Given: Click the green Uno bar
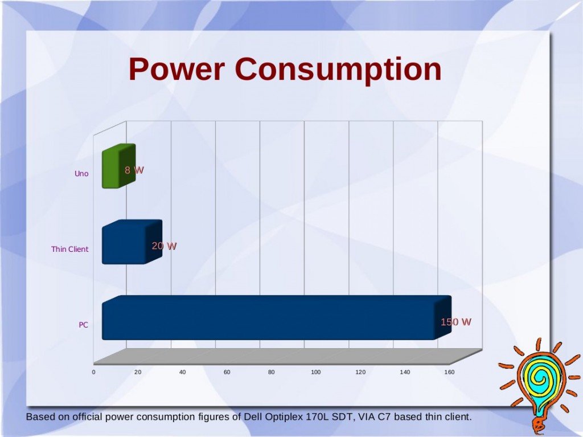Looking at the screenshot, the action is coord(118,166).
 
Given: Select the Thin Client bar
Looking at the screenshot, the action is coord(132,242).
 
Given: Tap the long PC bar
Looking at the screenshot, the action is coord(277,317).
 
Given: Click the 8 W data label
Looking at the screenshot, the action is coord(134,170).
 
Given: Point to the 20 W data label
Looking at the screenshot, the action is coord(164,246).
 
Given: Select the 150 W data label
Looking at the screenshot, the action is coord(456,322).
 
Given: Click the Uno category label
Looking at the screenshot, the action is coord(81,173).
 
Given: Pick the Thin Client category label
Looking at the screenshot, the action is coord(70,249).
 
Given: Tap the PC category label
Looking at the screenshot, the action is coord(83,325).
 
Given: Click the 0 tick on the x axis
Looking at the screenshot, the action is coord(94,372).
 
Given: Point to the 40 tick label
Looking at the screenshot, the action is coord(182,372).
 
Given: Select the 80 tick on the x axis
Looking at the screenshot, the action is coord(272,372).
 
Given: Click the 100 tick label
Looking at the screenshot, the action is coord(315,372).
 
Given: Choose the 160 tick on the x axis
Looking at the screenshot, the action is coord(449,372).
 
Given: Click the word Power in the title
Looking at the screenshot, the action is coord(176,69).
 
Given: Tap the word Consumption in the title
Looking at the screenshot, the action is coord(338,70).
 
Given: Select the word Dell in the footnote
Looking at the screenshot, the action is coord(253,416).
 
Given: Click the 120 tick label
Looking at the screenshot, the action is coord(360,372).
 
